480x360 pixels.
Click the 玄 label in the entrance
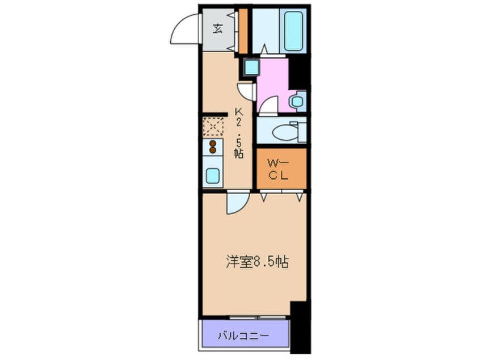(x=218, y=29)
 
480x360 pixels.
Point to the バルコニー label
(x=243, y=336)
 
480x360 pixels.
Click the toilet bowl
(x=283, y=132)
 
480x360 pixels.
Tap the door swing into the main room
(x=235, y=204)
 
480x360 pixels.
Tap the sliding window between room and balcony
(x=252, y=316)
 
